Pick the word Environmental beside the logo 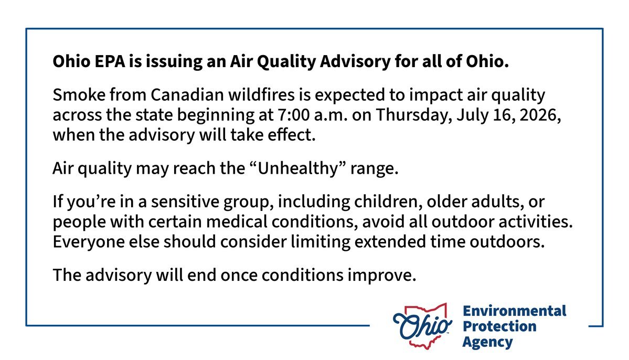514,311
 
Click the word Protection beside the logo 499,327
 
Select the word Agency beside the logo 487,343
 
